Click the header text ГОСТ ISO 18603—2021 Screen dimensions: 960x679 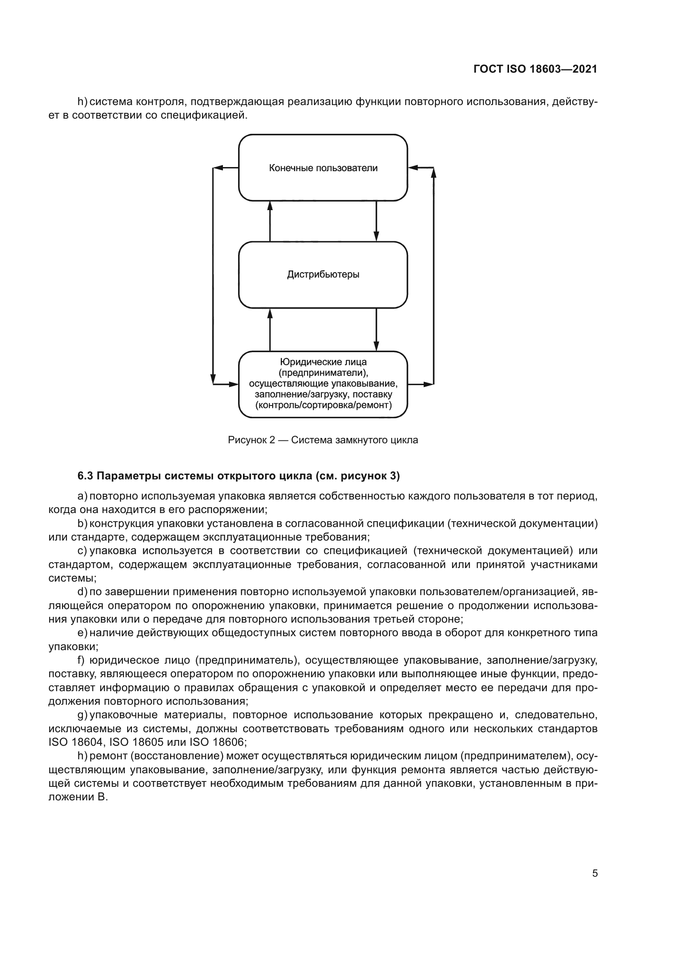535,69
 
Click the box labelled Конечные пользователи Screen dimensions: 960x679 323,168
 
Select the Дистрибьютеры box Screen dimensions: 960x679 323,275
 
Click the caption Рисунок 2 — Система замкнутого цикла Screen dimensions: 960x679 323,440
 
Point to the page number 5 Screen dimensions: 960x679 594,873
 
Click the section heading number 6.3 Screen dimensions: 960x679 85,476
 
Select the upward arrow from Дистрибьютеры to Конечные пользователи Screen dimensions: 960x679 270,221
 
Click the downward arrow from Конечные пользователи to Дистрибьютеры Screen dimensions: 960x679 376,221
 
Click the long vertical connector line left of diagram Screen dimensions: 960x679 213,276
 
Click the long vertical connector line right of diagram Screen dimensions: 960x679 434,276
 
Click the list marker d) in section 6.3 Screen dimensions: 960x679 83,592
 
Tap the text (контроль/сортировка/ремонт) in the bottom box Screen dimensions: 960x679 323,405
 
